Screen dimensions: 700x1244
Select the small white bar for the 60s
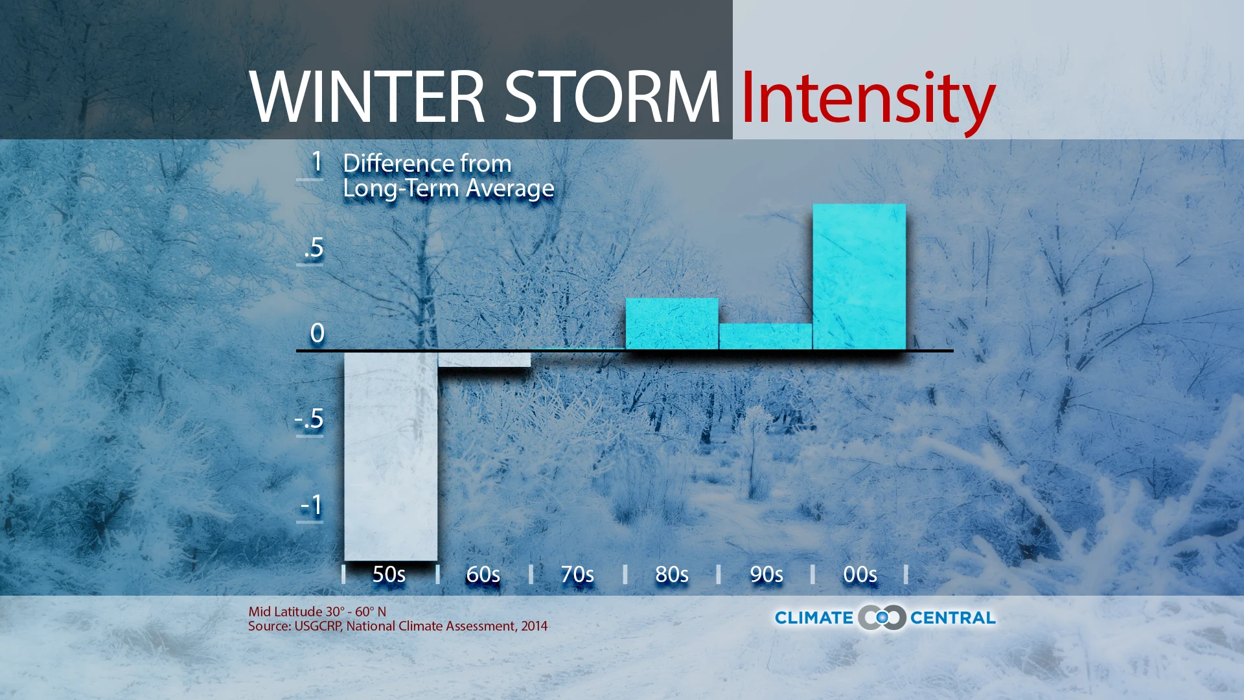click(484, 360)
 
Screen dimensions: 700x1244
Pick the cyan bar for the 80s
click(672, 323)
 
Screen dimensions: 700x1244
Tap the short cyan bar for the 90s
click(765, 336)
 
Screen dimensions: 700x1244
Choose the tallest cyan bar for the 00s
click(859, 277)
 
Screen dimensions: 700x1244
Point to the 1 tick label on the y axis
click(316, 161)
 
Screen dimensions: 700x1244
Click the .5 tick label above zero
click(314, 248)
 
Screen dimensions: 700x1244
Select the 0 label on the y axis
click(317, 333)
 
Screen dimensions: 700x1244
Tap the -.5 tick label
click(310, 419)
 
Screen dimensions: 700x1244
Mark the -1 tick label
click(312, 505)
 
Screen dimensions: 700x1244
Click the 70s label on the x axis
click(577, 574)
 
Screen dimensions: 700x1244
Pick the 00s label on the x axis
click(860, 574)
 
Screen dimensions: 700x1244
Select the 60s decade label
click(483, 574)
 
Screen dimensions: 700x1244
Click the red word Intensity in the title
click(867, 99)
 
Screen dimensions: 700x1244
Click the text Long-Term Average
click(448, 189)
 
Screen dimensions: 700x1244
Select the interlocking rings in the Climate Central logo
click(881, 618)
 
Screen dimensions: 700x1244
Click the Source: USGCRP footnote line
click(397, 626)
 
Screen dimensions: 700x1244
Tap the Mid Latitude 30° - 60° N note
click(317, 611)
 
